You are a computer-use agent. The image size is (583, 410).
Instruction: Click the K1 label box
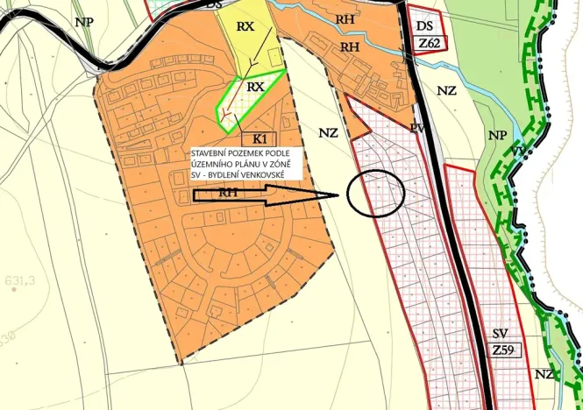tap(260, 138)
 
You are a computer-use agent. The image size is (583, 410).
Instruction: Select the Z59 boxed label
tap(503, 350)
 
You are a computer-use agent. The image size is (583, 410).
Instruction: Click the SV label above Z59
tap(501, 334)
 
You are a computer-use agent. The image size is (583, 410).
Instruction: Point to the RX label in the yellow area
tap(245, 26)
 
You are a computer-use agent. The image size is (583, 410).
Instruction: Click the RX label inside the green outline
tap(255, 87)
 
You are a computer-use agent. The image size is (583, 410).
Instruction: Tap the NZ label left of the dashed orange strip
tap(329, 132)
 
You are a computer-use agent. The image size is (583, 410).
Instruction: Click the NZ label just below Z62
tap(447, 90)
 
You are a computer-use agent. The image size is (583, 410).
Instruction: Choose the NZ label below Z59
tap(544, 374)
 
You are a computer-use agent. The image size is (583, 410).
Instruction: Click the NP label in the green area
tap(497, 136)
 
